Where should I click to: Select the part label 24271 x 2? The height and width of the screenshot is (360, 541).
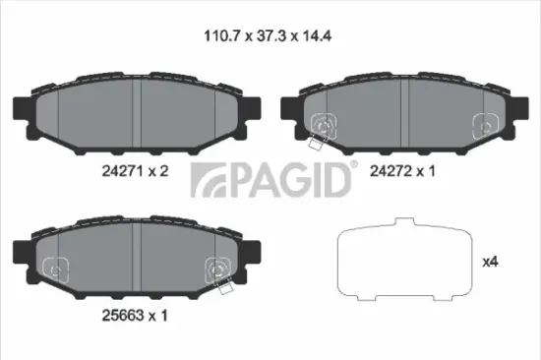[x=137, y=169]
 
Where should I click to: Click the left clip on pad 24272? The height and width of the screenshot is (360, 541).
[x=322, y=124]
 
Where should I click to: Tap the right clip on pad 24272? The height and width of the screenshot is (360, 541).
[x=484, y=124]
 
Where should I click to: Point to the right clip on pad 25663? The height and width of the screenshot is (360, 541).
[x=217, y=267]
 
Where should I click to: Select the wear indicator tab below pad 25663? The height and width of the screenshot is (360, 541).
[x=225, y=287]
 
